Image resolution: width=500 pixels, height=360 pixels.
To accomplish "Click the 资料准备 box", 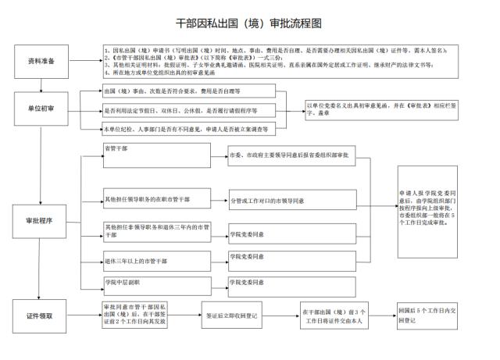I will (41, 60).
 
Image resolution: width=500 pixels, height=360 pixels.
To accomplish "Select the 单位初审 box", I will (41, 108).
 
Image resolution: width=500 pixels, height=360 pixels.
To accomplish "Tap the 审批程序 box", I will (41, 221).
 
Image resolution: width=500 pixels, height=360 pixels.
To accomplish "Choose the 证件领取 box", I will (41, 315).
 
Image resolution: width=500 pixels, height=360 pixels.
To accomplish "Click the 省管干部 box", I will (156, 155).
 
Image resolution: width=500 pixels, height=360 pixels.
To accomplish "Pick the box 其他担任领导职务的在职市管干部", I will (156, 200).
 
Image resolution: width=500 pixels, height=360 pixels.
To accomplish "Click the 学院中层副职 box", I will (156, 282).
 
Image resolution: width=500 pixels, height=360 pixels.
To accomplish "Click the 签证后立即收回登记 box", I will (231, 315).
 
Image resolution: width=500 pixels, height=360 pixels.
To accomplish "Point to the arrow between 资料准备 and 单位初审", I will (41, 84).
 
